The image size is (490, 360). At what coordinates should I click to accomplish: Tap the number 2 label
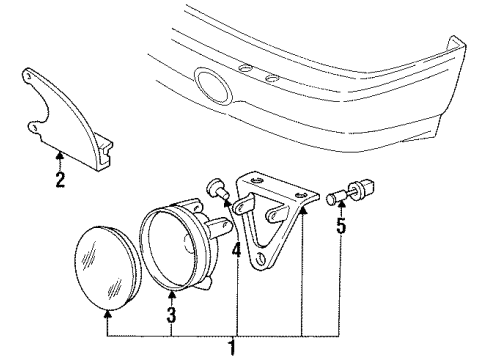coord(59,181)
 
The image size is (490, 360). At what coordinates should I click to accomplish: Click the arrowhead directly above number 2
coord(59,156)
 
